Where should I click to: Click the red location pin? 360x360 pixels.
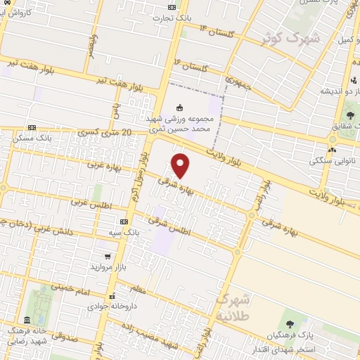[x=181, y=165]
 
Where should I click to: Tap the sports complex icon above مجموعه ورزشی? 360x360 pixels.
[x=180, y=108]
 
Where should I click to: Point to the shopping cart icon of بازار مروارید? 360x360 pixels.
[x=107, y=257]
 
